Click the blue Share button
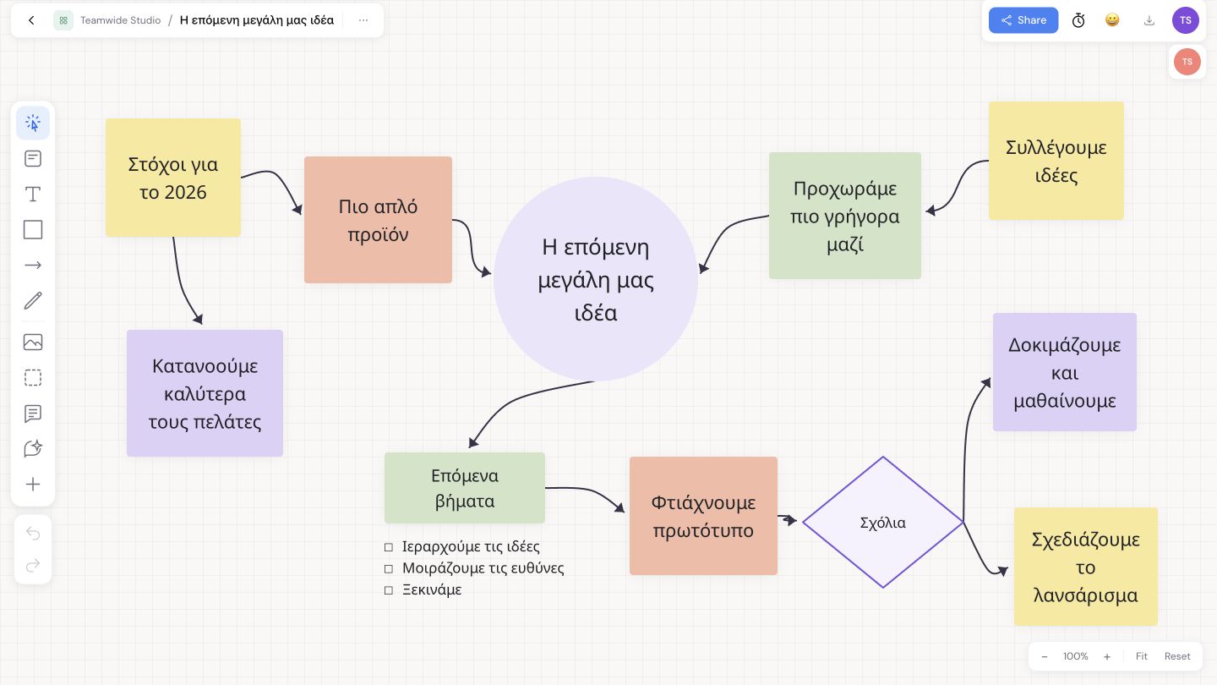coord(1023,20)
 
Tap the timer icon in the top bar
coord(1078,20)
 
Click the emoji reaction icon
coord(1112,20)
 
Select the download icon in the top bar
coord(1149,20)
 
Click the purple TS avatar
coord(1186,20)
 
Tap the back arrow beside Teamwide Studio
coord(31,20)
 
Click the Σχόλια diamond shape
coord(883,523)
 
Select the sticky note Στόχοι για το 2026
coord(173,178)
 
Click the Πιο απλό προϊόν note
coord(378,220)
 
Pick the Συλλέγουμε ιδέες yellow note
coord(1056,161)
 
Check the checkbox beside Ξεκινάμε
coord(389,590)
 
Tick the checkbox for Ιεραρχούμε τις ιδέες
coord(389,547)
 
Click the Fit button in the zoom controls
coord(1142,656)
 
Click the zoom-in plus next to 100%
coord(1107,657)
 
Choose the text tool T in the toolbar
coord(33,195)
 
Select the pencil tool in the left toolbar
coord(33,301)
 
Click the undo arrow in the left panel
coord(33,534)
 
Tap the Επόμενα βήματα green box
coord(465,488)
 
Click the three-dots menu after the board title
coord(363,20)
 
